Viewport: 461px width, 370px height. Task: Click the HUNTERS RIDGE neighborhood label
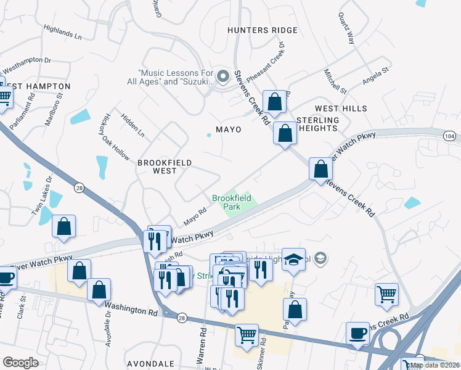(x=262, y=30)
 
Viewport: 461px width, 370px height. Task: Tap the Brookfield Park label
(x=226, y=202)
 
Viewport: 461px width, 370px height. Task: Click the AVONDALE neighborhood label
(x=147, y=363)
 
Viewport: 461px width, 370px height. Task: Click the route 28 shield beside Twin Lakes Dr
(x=79, y=187)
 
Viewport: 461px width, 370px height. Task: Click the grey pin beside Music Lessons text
(x=223, y=77)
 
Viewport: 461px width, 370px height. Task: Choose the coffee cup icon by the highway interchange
(x=357, y=333)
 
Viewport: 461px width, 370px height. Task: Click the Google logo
(x=20, y=363)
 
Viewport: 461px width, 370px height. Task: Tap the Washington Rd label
(x=130, y=308)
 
